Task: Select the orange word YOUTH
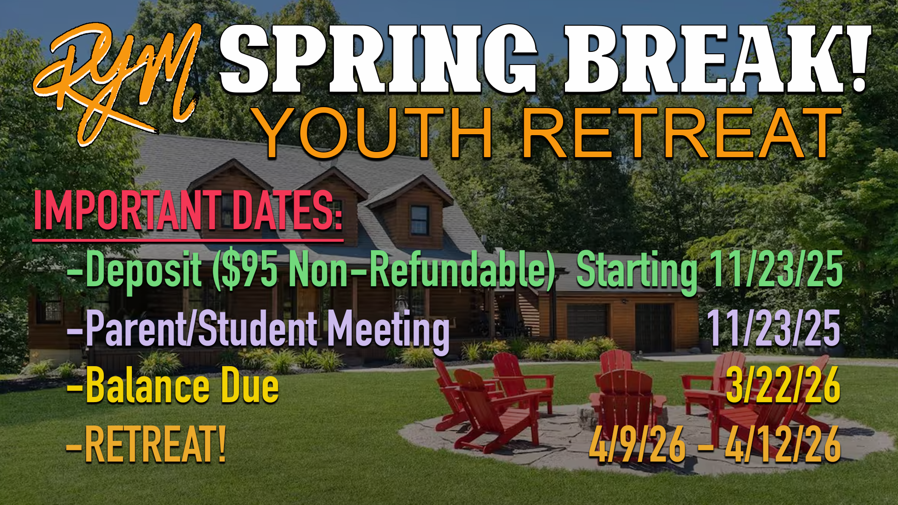(374, 133)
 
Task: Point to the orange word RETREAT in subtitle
(681, 133)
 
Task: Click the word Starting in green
(636, 271)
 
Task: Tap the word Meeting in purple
(388, 330)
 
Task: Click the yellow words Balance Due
(182, 387)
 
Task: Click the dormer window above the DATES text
(419, 220)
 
